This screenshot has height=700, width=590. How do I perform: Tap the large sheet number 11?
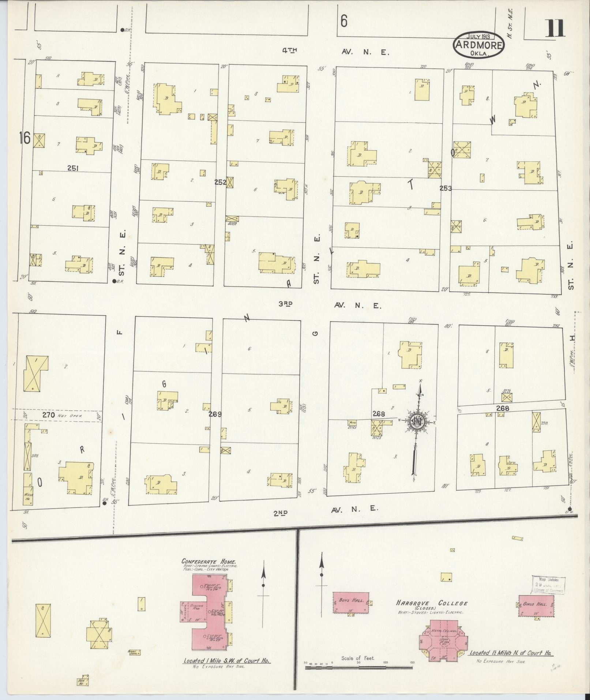point(555,29)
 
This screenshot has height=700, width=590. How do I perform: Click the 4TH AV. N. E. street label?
point(335,52)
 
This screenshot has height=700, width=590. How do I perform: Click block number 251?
point(74,168)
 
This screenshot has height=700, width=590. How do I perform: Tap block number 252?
point(221,182)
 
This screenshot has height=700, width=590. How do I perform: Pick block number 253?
point(446,188)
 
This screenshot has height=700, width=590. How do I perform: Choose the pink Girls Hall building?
point(536,606)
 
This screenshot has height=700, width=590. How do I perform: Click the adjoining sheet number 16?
point(25,139)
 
